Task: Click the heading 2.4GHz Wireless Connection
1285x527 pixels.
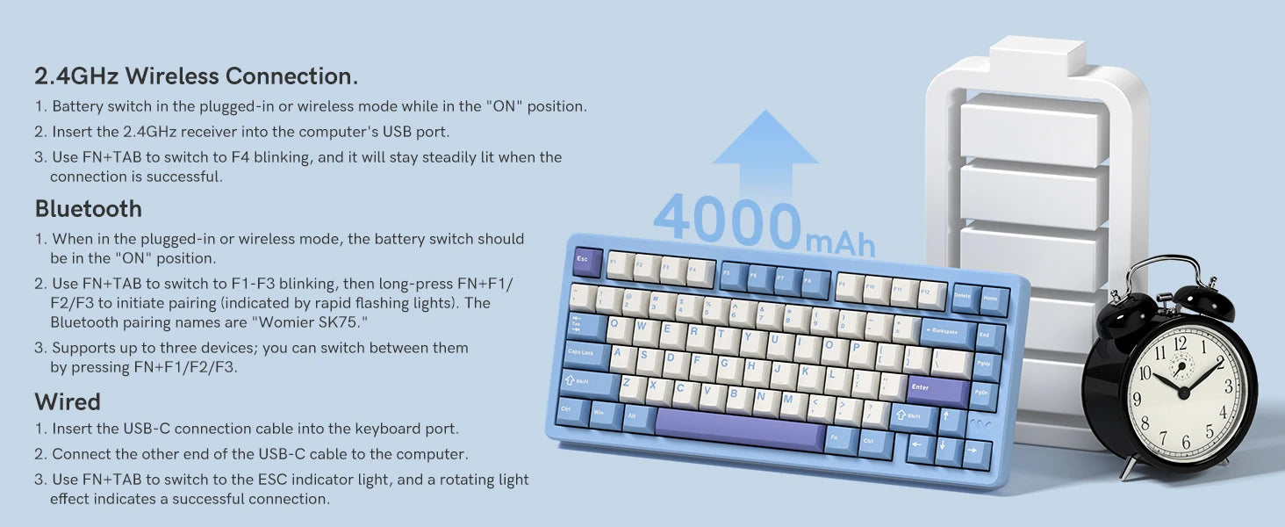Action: (197, 76)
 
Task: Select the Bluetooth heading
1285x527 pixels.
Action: (89, 208)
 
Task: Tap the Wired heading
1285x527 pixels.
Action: (68, 401)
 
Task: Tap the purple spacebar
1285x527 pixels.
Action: (740, 429)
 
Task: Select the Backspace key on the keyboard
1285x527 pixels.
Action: (947, 333)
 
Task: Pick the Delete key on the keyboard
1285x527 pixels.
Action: (965, 298)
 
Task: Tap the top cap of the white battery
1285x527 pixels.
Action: (1037, 56)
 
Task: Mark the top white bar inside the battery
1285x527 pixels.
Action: (1032, 130)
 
